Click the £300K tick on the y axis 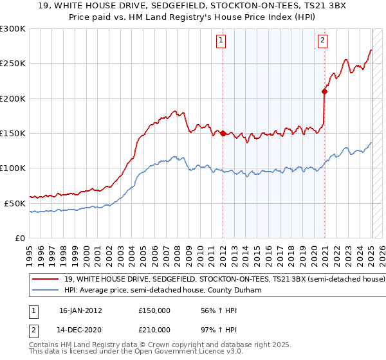pos(13,29)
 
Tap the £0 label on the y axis pos(20,238)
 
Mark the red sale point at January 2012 pos(223,134)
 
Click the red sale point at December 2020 pos(324,92)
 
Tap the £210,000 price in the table pos(154,330)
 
